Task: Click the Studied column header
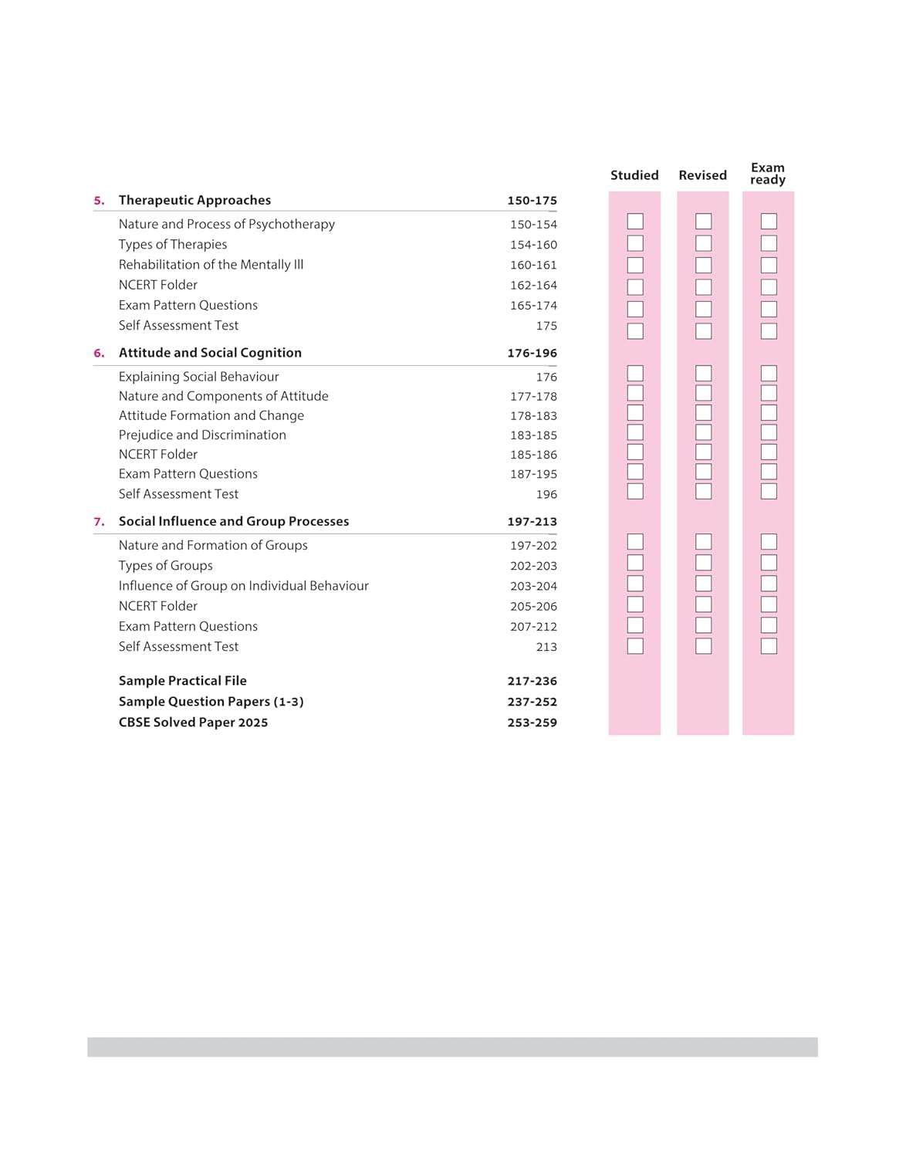634,175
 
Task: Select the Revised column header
702,175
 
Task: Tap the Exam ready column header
768,174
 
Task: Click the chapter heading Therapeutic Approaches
194,200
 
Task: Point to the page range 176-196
532,353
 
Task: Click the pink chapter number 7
99,522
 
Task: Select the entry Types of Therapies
173,244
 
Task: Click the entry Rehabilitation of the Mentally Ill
211,264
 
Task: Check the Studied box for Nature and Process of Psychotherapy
635,222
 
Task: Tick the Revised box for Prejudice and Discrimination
703,432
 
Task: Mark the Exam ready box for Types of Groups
769,563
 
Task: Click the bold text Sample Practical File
183,680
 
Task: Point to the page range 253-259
532,723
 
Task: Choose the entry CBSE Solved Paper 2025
193,723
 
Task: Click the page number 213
546,647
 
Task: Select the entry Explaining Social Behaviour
198,377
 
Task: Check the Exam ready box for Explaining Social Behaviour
769,374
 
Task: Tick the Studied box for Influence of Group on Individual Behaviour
635,584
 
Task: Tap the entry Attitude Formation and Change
211,415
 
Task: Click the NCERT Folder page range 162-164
533,285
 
